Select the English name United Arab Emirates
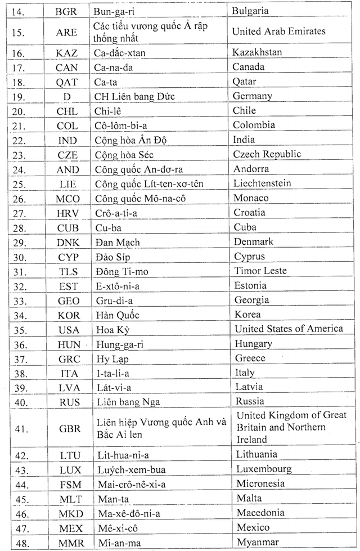[x=278, y=32]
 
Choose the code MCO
[x=68, y=198]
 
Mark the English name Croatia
[x=250, y=213]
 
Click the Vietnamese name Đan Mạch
[x=118, y=242]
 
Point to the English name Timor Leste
[x=260, y=271]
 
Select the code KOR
[x=69, y=315]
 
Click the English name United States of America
[x=289, y=329]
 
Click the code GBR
[x=69, y=428]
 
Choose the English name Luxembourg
[x=264, y=469]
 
